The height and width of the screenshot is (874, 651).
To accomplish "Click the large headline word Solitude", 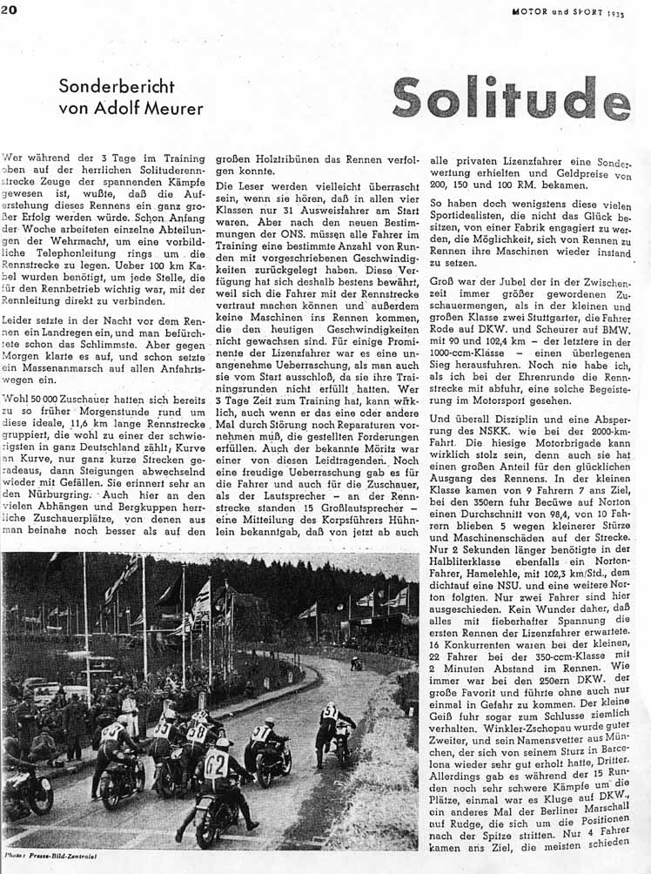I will [x=512, y=97].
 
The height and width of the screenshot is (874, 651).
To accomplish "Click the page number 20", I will [x=10, y=10].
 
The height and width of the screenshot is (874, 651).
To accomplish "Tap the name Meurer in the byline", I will [x=174, y=109].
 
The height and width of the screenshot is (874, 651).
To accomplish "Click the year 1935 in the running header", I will [x=615, y=13].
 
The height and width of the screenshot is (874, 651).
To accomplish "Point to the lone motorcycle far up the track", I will [x=356, y=663].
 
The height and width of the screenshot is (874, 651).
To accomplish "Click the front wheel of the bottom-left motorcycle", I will [x=39, y=796].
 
